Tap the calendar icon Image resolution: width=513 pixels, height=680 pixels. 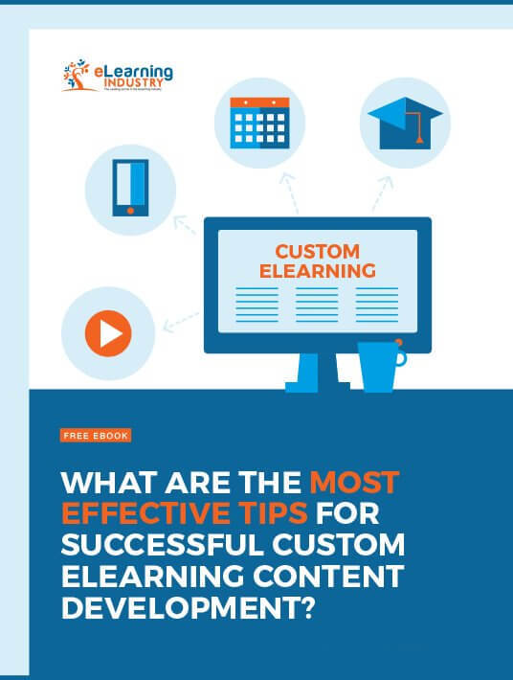click(258, 123)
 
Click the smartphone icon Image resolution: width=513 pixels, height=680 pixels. click(130, 188)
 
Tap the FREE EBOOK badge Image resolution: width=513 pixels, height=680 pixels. click(95, 435)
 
